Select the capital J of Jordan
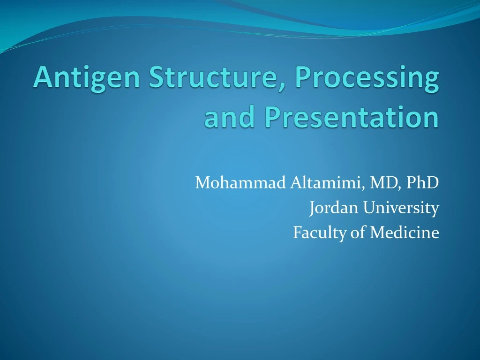[313, 207]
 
